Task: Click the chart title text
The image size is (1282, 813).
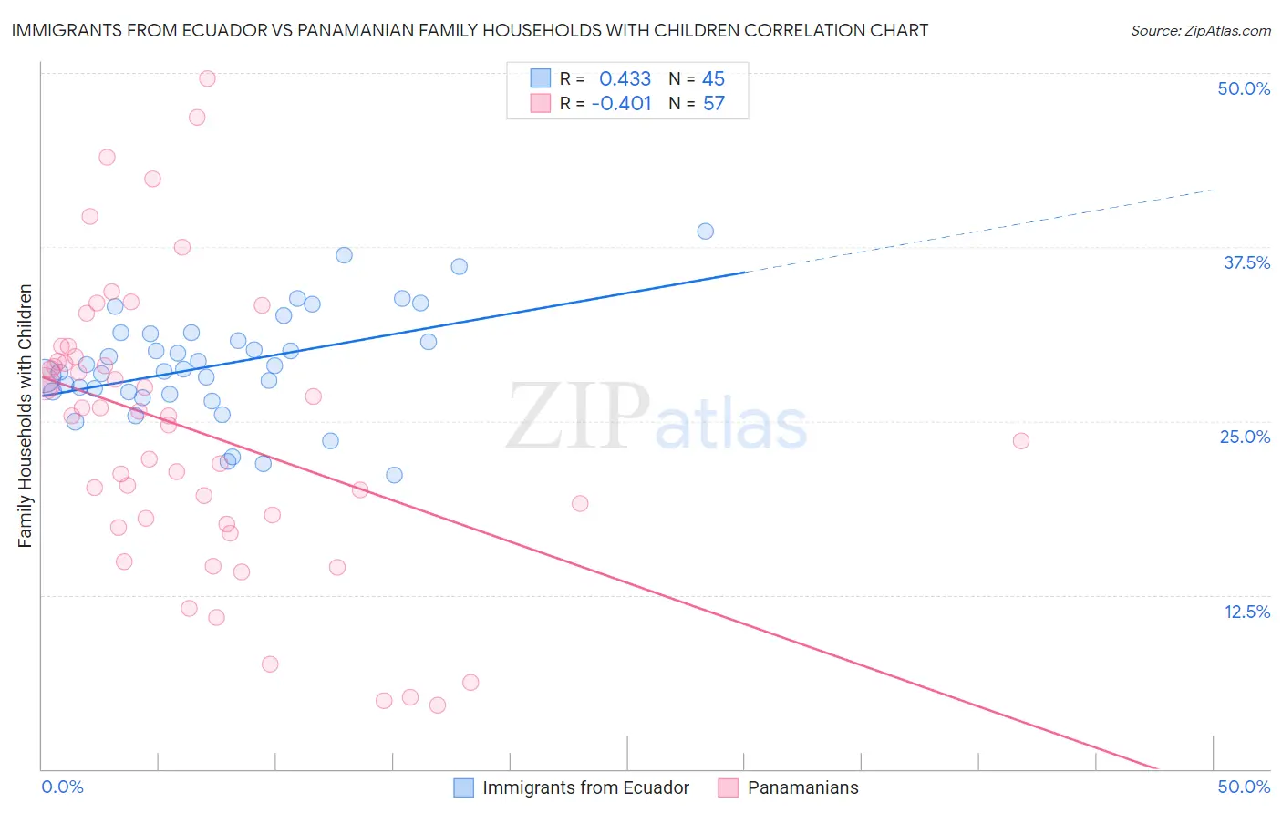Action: pyautogui.click(x=470, y=30)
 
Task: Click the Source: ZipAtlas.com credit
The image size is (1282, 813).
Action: pyautogui.click(x=1200, y=30)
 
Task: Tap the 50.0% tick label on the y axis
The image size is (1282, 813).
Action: pyautogui.click(x=1244, y=88)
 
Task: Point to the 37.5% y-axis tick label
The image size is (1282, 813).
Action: pyautogui.click(x=1246, y=262)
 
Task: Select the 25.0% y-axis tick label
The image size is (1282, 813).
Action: pyautogui.click(x=1245, y=437)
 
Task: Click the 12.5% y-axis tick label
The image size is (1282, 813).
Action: pyautogui.click(x=1246, y=612)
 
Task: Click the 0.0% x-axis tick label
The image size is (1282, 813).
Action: pyautogui.click(x=62, y=787)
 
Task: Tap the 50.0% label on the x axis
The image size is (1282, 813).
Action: pyautogui.click(x=1244, y=787)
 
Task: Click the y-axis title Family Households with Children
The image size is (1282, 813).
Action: pyautogui.click(x=25, y=416)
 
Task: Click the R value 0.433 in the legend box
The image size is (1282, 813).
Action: pyautogui.click(x=625, y=79)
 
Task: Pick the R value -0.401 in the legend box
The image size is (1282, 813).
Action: pyautogui.click(x=621, y=104)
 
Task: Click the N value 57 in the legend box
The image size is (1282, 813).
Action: pyautogui.click(x=713, y=104)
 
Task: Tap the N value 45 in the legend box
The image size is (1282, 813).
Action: pyautogui.click(x=713, y=79)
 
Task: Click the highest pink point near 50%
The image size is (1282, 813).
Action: pyautogui.click(x=207, y=78)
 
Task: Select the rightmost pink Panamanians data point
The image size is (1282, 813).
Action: pyautogui.click(x=1020, y=441)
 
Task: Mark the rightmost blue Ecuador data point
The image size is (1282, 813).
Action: pyautogui.click(x=705, y=232)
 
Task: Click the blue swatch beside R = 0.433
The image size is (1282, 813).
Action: pyautogui.click(x=541, y=78)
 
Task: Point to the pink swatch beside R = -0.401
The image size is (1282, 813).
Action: pyautogui.click(x=541, y=103)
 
